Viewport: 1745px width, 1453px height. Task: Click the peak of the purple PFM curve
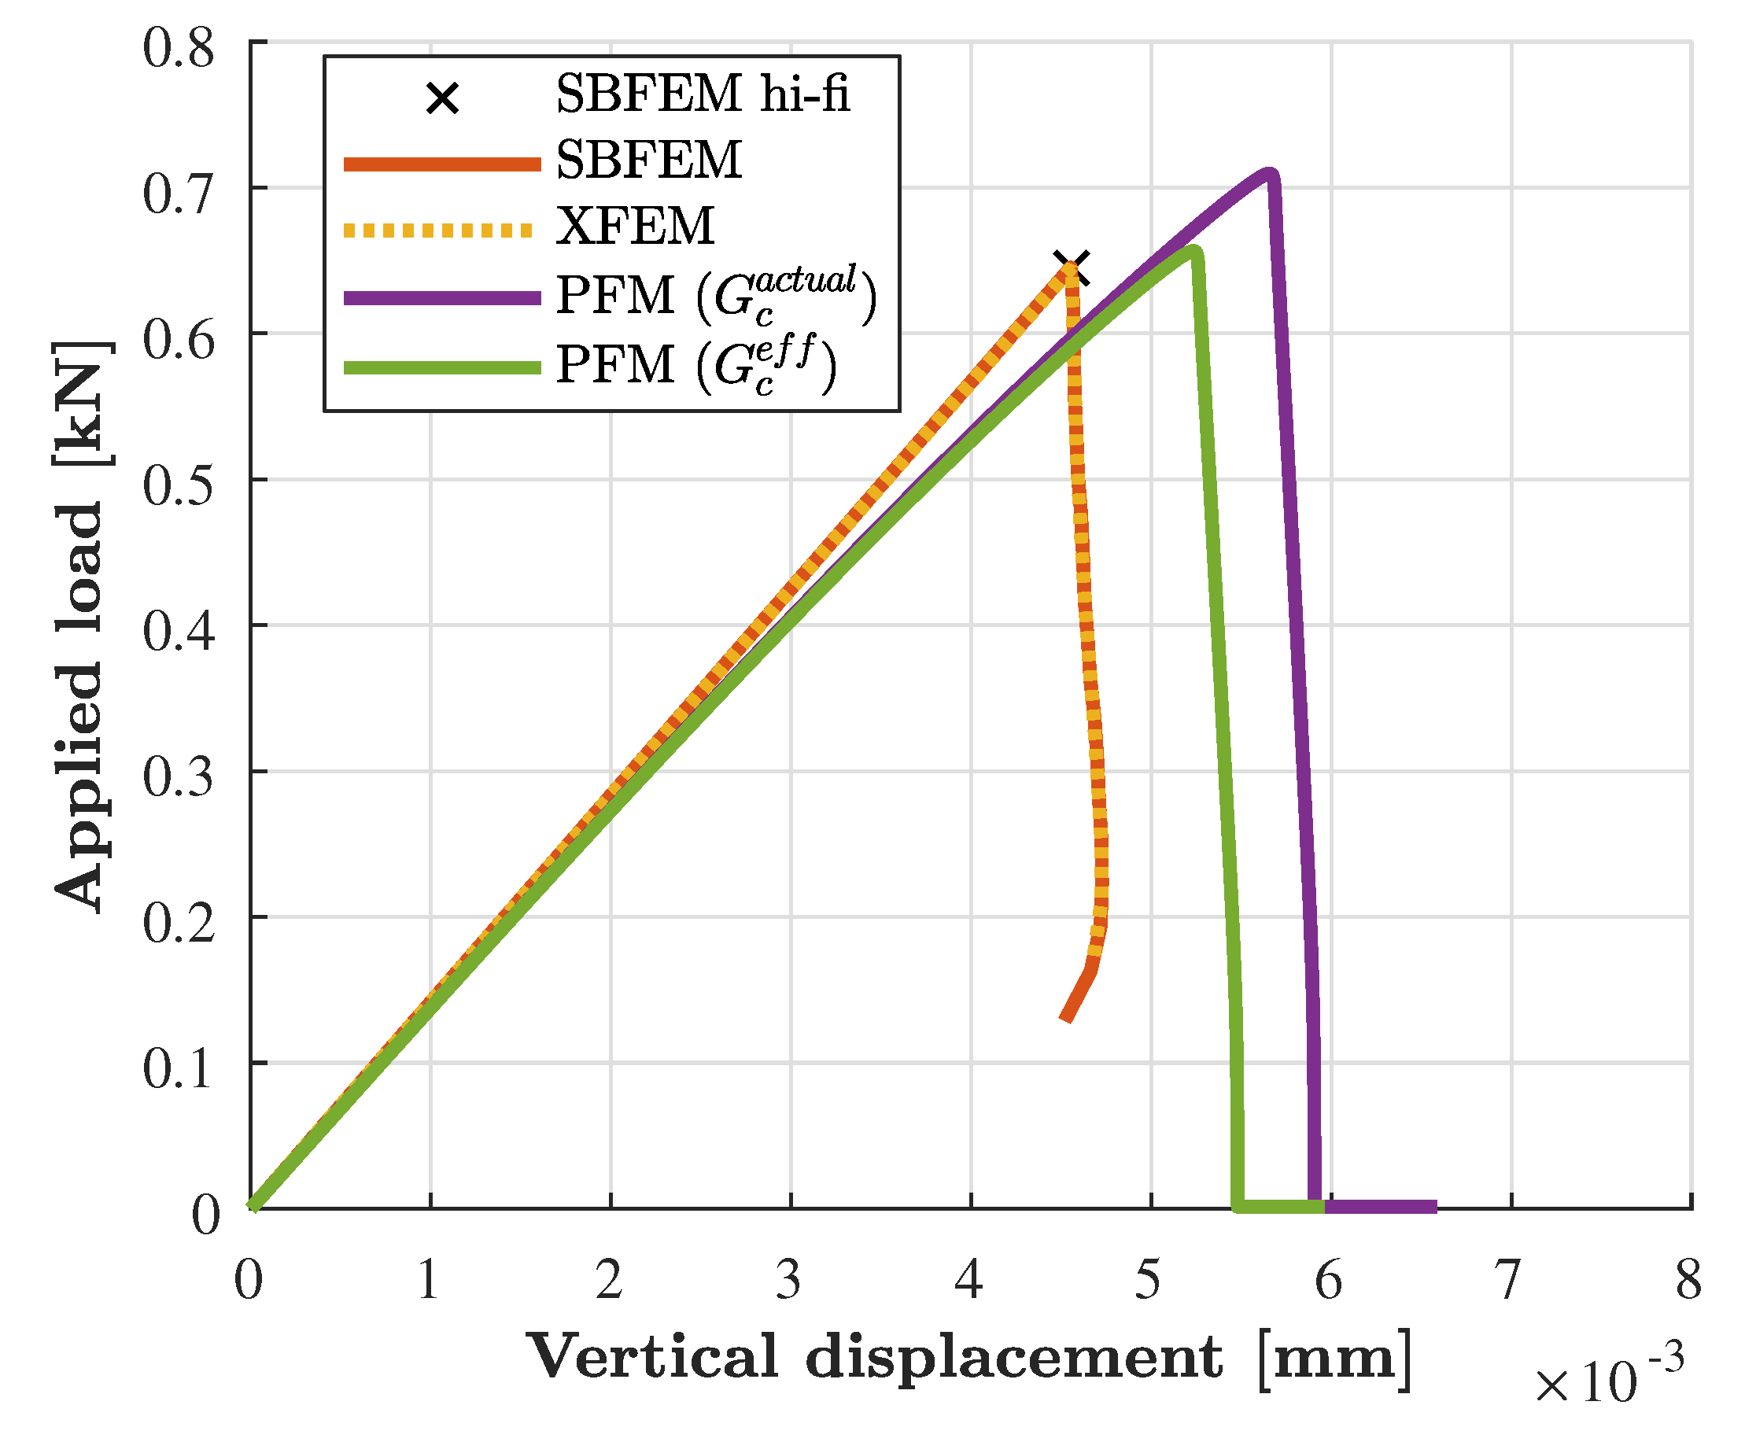point(1269,174)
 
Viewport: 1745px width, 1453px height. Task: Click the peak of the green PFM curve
point(1193,251)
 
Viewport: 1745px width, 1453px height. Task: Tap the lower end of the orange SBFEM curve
point(1066,1019)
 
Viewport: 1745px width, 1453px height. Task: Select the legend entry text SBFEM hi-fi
point(702,93)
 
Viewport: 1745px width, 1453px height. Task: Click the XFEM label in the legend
point(635,226)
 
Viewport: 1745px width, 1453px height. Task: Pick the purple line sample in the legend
point(442,297)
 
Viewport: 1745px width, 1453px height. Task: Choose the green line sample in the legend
point(442,367)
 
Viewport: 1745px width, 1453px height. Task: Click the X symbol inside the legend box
point(442,99)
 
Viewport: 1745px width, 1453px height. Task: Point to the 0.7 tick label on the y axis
point(179,194)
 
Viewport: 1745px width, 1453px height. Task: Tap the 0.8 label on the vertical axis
point(179,48)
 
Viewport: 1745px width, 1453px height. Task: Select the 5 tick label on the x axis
point(1149,1280)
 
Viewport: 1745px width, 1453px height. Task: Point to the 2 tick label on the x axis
point(609,1280)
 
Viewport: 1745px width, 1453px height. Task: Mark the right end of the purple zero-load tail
point(1434,1206)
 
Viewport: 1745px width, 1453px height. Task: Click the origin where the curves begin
point(252,1207)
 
